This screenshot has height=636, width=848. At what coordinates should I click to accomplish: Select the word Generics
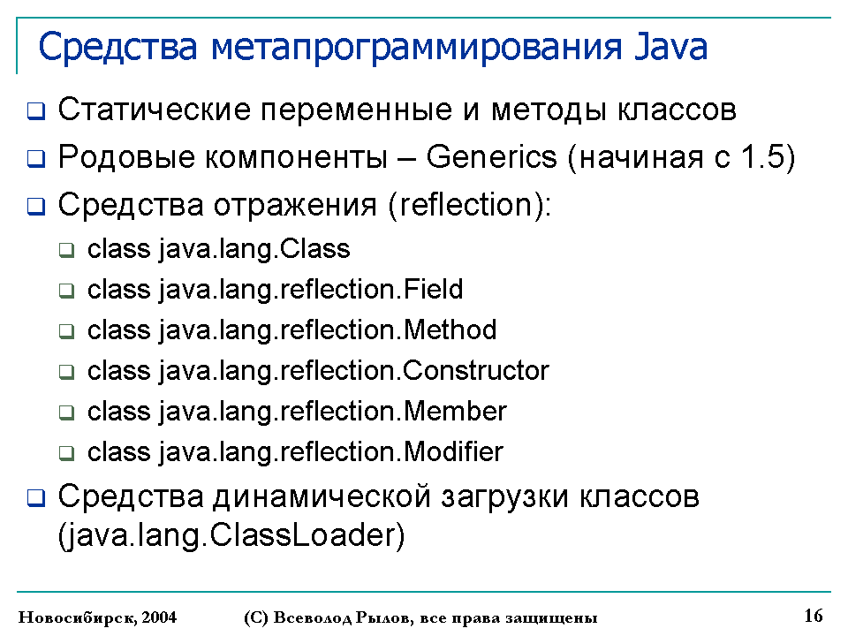point(491,157)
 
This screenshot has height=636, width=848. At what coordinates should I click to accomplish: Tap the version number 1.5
point(762,157)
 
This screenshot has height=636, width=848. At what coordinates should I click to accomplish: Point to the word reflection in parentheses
point(466,205)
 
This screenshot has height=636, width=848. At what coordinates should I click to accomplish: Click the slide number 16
point(814,616)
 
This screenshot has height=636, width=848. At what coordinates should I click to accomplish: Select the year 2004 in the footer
point(159,617)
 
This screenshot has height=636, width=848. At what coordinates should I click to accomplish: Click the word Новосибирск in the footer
point(78,617)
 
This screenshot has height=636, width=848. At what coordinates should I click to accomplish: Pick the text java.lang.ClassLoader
point(231,536)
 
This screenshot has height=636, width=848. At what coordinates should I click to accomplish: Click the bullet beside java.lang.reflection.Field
point(66,291)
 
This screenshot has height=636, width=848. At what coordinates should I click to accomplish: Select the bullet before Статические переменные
point(36,111)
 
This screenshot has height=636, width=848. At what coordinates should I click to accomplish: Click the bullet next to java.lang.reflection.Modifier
point(66,453)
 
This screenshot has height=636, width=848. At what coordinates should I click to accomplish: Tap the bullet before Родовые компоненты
point(36,159)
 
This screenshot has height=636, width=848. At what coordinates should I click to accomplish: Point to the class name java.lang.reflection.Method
point(328,331)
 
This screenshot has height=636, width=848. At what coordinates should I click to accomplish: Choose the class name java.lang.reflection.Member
point(333,413)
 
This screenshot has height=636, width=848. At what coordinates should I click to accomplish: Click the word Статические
point(154,110)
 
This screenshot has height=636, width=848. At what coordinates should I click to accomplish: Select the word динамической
point(322,497)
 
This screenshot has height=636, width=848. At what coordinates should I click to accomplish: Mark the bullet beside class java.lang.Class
point(66,250)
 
